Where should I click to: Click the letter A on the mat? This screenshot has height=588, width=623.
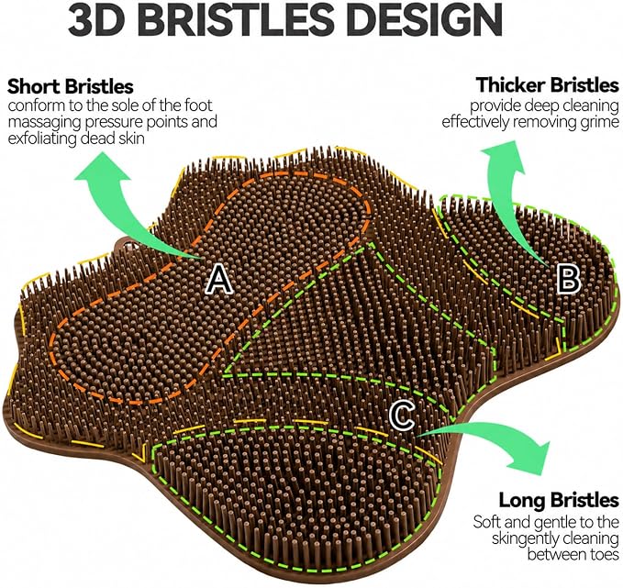(x=219, y=280)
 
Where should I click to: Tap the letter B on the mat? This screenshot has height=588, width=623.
(x=569, y=279)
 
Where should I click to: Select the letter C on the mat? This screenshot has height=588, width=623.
(x=402, y=416)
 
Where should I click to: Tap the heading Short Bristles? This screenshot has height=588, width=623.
(x=71, y=86)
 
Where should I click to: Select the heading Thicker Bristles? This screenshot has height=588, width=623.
(x=548, y=84)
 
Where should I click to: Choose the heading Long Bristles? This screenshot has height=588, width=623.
(x=559, y=500)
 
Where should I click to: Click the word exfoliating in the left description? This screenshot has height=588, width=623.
(x=42, y=139)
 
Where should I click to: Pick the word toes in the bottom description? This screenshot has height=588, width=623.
(x=606, y=554)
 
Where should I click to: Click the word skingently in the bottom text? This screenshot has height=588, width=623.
(x=525, y=538)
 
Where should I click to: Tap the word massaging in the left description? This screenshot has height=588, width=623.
(x=44, y=122)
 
